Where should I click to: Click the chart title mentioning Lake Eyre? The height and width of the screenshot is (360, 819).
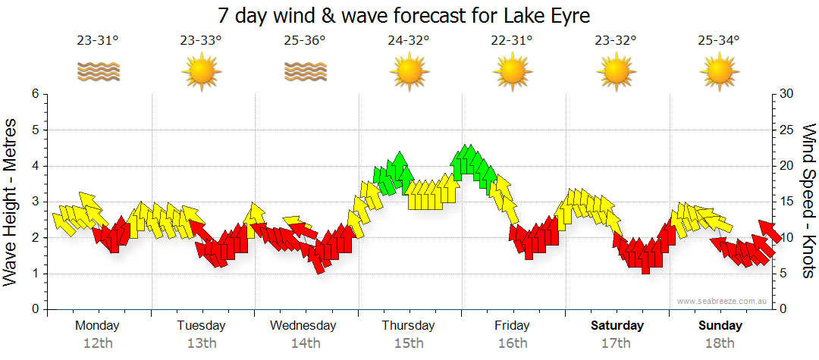click(x=403, y=15)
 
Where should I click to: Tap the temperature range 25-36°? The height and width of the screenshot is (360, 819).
click(x=305, y=41)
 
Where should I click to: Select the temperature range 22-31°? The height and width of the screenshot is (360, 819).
click(x=512, y=41)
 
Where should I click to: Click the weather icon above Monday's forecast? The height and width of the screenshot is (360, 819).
click(x=98, y=72)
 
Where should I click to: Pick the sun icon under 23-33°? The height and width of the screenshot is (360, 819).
click(x=201, y=72)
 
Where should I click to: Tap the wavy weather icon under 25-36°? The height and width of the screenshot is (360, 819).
click(x=305, y=72)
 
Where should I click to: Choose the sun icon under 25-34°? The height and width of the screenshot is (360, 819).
click(x=719, y=72)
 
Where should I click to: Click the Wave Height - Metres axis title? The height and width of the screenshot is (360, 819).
click(x=11, y=202)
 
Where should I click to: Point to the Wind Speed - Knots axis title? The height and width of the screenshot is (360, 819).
click(x=808, y=202)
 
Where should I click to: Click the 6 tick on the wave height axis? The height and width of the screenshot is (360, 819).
click(x=34, y=94)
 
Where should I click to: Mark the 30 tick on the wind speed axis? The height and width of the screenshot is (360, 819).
click(x=787, y=94)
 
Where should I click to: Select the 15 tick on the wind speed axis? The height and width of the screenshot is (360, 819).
click(x=787, y=202)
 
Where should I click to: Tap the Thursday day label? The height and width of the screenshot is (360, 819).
click(x=408, y=326)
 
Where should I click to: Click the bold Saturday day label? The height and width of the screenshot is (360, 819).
click(x=617, y=326)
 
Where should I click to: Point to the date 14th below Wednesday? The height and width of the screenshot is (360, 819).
click(x=305, y=343)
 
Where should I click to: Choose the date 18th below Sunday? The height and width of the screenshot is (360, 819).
click(x=719, y=343)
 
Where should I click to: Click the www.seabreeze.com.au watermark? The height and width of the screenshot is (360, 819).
click(x=723, y=302)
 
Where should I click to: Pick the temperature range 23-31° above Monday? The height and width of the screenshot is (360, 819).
click(x=98, y=41)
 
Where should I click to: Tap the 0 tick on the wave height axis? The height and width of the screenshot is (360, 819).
click(x=34, y=310)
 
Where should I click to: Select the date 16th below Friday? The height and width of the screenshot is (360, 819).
click(x=512, y=343)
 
